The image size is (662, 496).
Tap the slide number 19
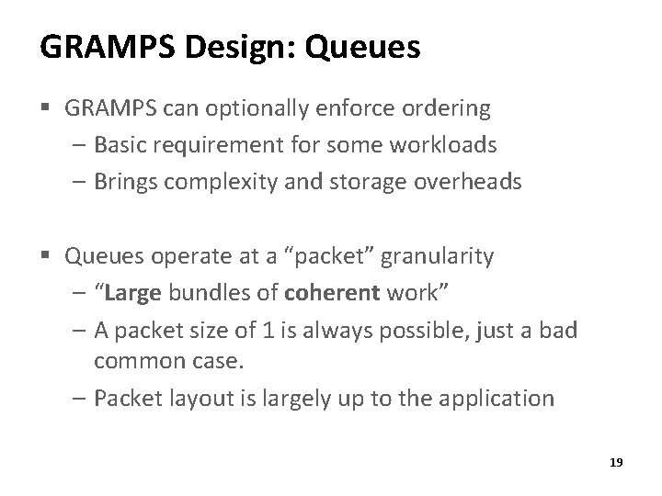click(x=615, y=463)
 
